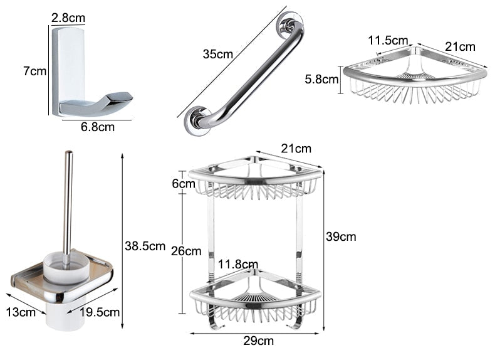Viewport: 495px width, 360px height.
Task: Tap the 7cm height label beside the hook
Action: pyautogui.click(x=35, y=71)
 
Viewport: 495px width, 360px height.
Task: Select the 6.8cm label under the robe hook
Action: pyautogui.click(x=98, y=127)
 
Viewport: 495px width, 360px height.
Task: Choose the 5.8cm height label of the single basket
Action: pyautogui.click(x=321, y=80)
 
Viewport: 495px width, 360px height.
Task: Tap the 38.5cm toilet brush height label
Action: pyautogui.click(x=145, y=246)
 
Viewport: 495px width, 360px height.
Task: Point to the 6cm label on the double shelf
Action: pyautogui.click(x=184, y=184)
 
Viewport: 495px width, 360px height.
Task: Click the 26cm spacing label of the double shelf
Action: pyautogui.click(x=186, y=251)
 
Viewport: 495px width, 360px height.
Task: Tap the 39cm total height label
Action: pyautogui.click(x=341, y=236)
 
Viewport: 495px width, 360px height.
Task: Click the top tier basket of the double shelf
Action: pyautogui.click(x=255, y=179)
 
